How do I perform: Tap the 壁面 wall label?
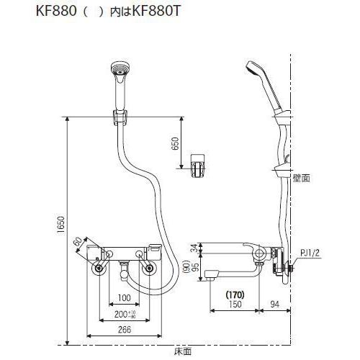[301, 177]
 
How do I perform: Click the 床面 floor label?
[182, 351]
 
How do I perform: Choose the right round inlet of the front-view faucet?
[150, 269]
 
